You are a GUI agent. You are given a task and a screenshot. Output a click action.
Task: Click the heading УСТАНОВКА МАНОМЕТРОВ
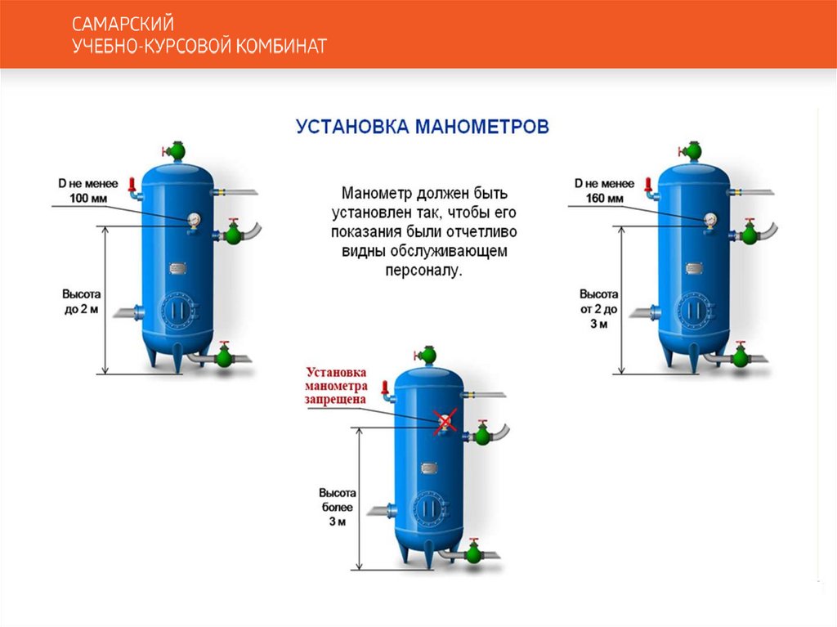pyautogui.click(x=422, y=127)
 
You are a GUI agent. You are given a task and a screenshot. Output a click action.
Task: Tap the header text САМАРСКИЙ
pyautogui.click(x=123, y=25)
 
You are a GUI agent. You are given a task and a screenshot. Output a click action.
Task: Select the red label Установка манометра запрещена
pyautogui.click(x=336, y=386)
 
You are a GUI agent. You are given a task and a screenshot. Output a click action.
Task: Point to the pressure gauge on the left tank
pyautogui.click(x=194, y=218)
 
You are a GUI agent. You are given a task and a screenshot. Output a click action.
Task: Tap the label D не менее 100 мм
pyautogui.click(x=87, y=191)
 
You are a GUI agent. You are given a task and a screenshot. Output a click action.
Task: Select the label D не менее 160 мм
pyautogui.click(x=604, y=191)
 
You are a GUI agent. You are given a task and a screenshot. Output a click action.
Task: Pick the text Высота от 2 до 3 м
pyautogui.click(x=599, y=308)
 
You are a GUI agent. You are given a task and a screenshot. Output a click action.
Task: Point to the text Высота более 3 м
pyautogui.click(x=338, y=508)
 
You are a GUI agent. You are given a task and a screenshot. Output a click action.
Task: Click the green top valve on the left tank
pyautogui.click(x=177, y=150)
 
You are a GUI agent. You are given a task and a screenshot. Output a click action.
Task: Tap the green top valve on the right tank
pyautogui.click(x=694, y=150)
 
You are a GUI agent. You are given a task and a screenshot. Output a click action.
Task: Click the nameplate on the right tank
pyautogui.click(x=695, y=267)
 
